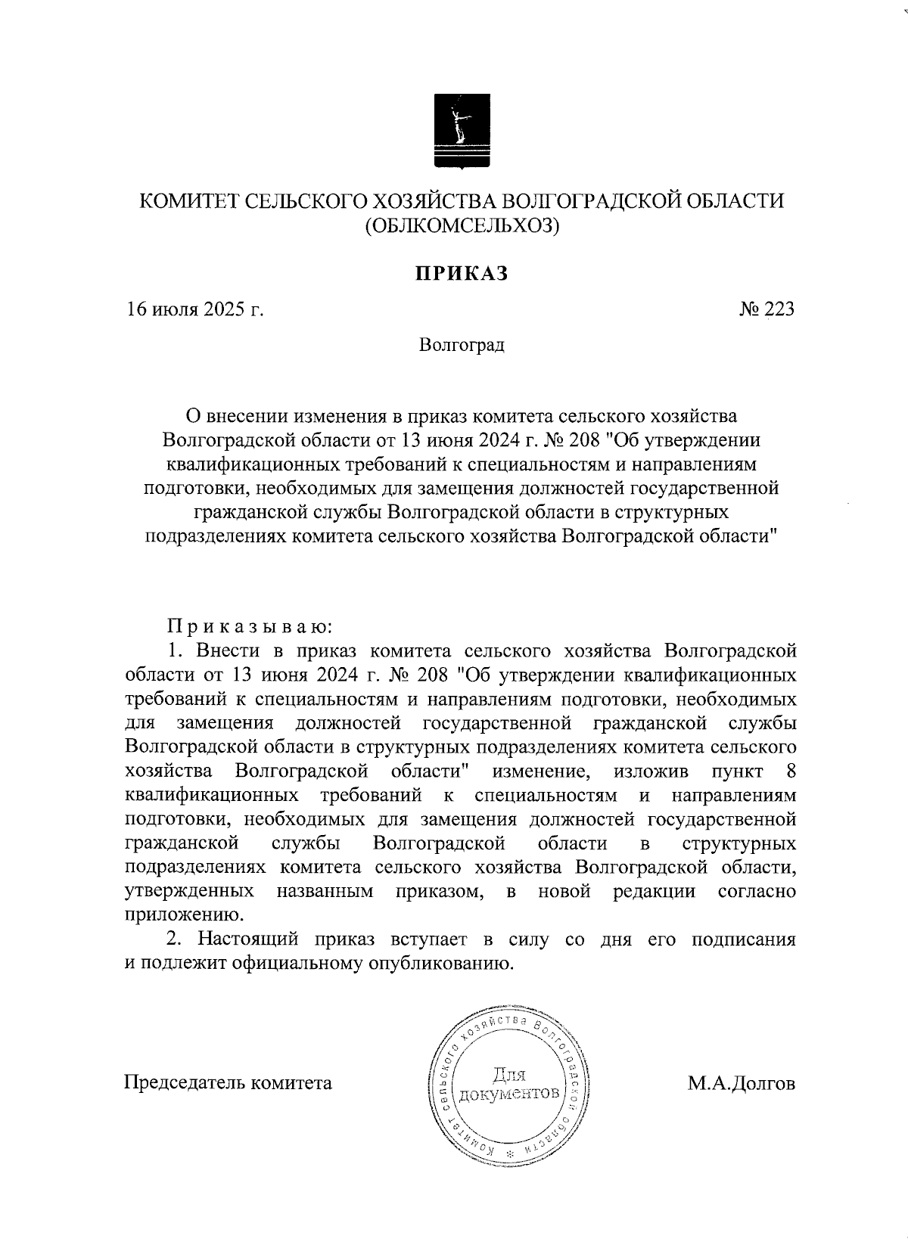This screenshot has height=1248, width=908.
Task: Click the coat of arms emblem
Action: (460, 130)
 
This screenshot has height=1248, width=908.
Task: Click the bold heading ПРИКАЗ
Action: (460, 273)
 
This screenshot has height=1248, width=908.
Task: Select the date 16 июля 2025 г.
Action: (194, 310)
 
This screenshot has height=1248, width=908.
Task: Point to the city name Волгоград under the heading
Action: (461, 346)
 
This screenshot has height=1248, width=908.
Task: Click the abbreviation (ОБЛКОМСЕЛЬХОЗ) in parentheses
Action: (461, 225)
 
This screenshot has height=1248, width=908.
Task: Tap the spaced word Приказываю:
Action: (250, 627)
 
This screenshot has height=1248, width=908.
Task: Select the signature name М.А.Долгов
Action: (742, 1083)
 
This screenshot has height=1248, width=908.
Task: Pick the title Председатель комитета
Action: (228, 1083)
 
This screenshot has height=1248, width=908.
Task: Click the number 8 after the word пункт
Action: (791, 771)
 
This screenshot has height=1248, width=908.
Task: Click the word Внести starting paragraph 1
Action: (225, 651)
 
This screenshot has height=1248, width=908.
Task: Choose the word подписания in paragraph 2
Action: (743, 940)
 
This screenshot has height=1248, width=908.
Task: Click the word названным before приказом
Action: (325, 891)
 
